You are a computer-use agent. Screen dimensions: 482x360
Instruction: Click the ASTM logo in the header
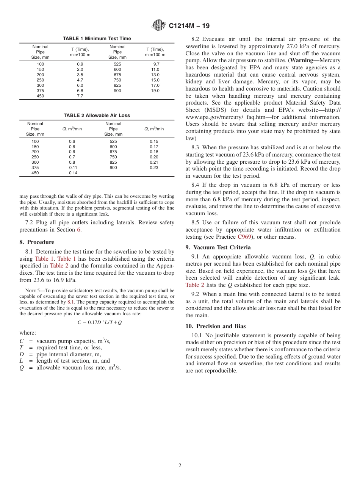158,25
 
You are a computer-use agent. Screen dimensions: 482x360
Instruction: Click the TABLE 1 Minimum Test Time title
97,39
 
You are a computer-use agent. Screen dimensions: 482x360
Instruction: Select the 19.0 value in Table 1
155,91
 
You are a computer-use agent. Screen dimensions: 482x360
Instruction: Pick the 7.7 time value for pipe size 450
80,96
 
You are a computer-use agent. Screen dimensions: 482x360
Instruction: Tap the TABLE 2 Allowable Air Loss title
97,116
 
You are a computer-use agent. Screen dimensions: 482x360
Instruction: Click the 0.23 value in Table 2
154,167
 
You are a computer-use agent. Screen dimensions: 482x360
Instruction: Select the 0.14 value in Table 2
73,173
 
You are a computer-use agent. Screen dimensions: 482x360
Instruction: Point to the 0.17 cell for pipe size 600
154,147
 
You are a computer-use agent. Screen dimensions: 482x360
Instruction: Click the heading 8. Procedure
37,242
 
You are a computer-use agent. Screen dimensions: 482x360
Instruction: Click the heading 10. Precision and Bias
215,326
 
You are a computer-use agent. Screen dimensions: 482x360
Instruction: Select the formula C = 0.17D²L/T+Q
99,322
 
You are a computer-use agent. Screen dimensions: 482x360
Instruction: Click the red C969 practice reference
244,237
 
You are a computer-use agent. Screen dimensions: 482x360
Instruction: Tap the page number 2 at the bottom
180,466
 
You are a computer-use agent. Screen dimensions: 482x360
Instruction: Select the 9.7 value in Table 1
156,64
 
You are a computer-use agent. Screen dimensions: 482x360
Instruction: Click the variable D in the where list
22,354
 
